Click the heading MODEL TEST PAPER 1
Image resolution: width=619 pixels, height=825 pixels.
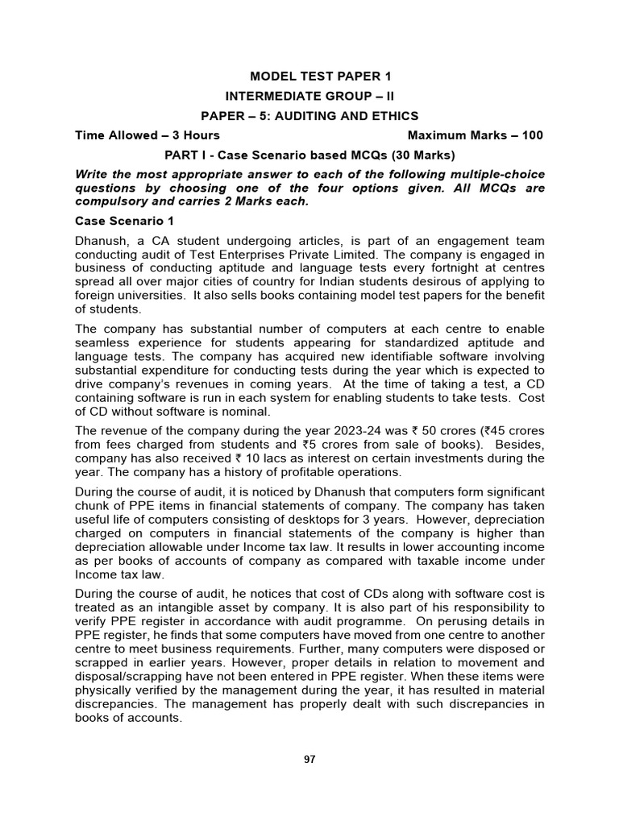[x=309, y=77]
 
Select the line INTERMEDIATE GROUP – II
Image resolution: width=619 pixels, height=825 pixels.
[x=309, y=96]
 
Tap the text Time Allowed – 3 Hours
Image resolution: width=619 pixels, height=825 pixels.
[x=147, y=135]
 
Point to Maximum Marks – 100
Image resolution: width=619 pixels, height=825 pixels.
[x=476, y=135]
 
